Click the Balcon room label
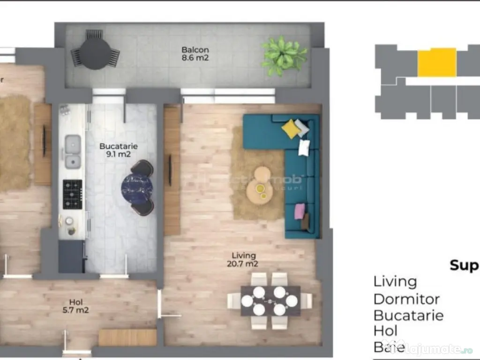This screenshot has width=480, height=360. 195,54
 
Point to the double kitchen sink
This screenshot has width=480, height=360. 72,151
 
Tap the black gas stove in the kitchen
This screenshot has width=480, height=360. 72,194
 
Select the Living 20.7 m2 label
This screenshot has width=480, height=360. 244,260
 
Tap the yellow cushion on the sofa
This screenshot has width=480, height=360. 291,128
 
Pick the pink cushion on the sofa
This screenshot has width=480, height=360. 299,211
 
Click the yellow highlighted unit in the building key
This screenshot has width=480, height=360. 436,62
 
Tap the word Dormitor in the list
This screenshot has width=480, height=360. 406,299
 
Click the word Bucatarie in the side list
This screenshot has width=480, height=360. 408,315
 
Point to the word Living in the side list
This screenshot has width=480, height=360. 395,282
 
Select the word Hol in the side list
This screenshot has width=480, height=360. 385,331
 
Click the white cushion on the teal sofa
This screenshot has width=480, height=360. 304,147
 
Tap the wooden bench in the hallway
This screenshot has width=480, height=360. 127,337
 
